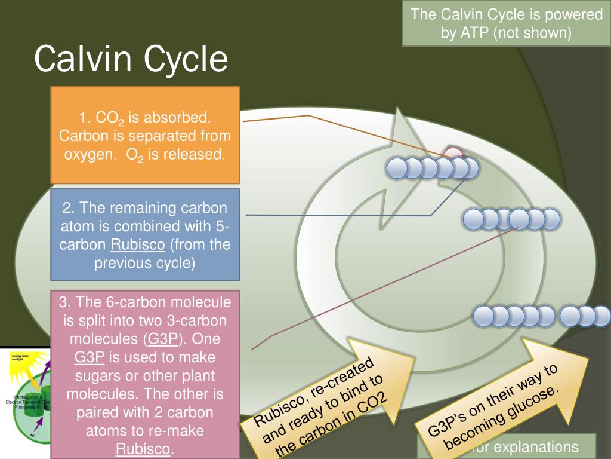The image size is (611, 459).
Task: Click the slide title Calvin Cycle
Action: click(131, 59)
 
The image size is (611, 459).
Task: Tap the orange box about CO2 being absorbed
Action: click(145, 135)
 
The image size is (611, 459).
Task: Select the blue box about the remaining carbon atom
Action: click(145, 235)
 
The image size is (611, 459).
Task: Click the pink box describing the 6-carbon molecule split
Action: click(145, 374)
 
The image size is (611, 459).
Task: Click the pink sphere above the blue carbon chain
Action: click(454, 155)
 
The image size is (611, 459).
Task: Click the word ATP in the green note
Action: click(474, 32)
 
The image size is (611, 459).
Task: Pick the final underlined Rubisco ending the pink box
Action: click(143, 449)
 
